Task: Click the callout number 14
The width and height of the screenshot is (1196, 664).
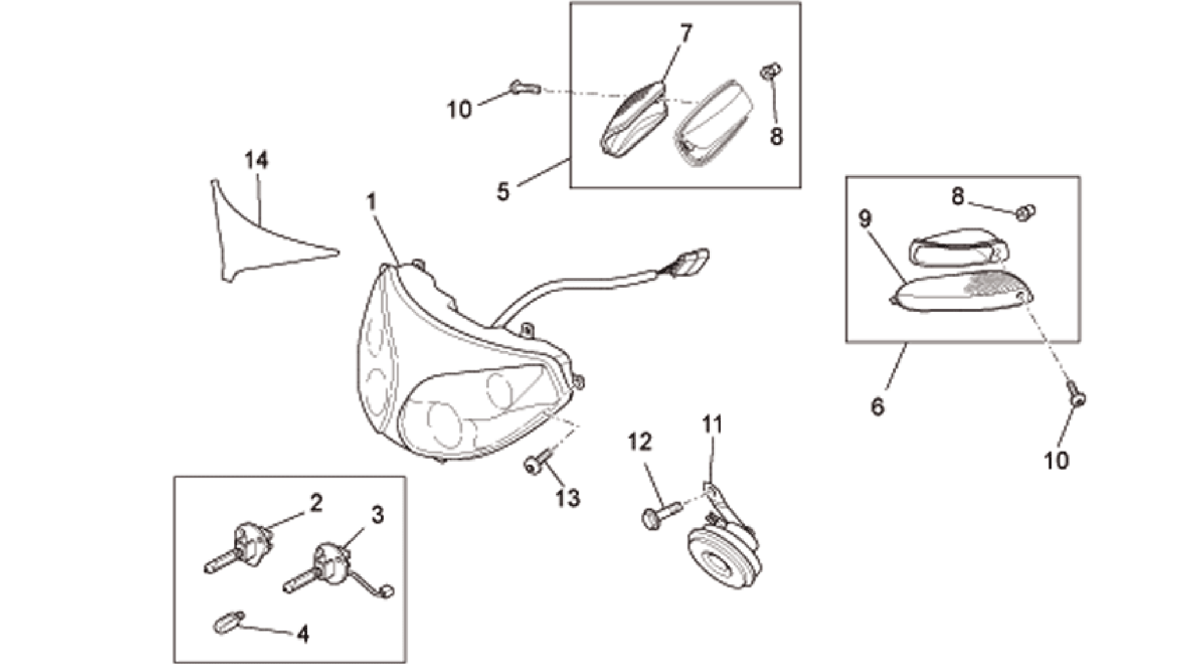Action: (x=256, y=160)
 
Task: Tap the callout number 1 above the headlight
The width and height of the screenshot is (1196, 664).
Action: (x=371, y=202)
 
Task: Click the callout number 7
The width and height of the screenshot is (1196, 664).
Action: (x=685, y=34)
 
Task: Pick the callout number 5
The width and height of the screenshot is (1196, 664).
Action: (x=503, y=191)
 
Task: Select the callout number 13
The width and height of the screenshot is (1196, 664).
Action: (x=568, y=498)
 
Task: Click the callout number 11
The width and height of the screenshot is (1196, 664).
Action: (x=712, y=425)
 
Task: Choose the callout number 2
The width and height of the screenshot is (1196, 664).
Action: (x=315, y=503)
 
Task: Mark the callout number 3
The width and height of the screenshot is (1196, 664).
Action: (x=377, y=515)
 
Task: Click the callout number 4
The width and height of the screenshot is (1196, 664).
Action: (x=303, y=634)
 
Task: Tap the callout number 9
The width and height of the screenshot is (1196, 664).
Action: (x=865, y=219)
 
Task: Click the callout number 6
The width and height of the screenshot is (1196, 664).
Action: (x=877, y=406)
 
